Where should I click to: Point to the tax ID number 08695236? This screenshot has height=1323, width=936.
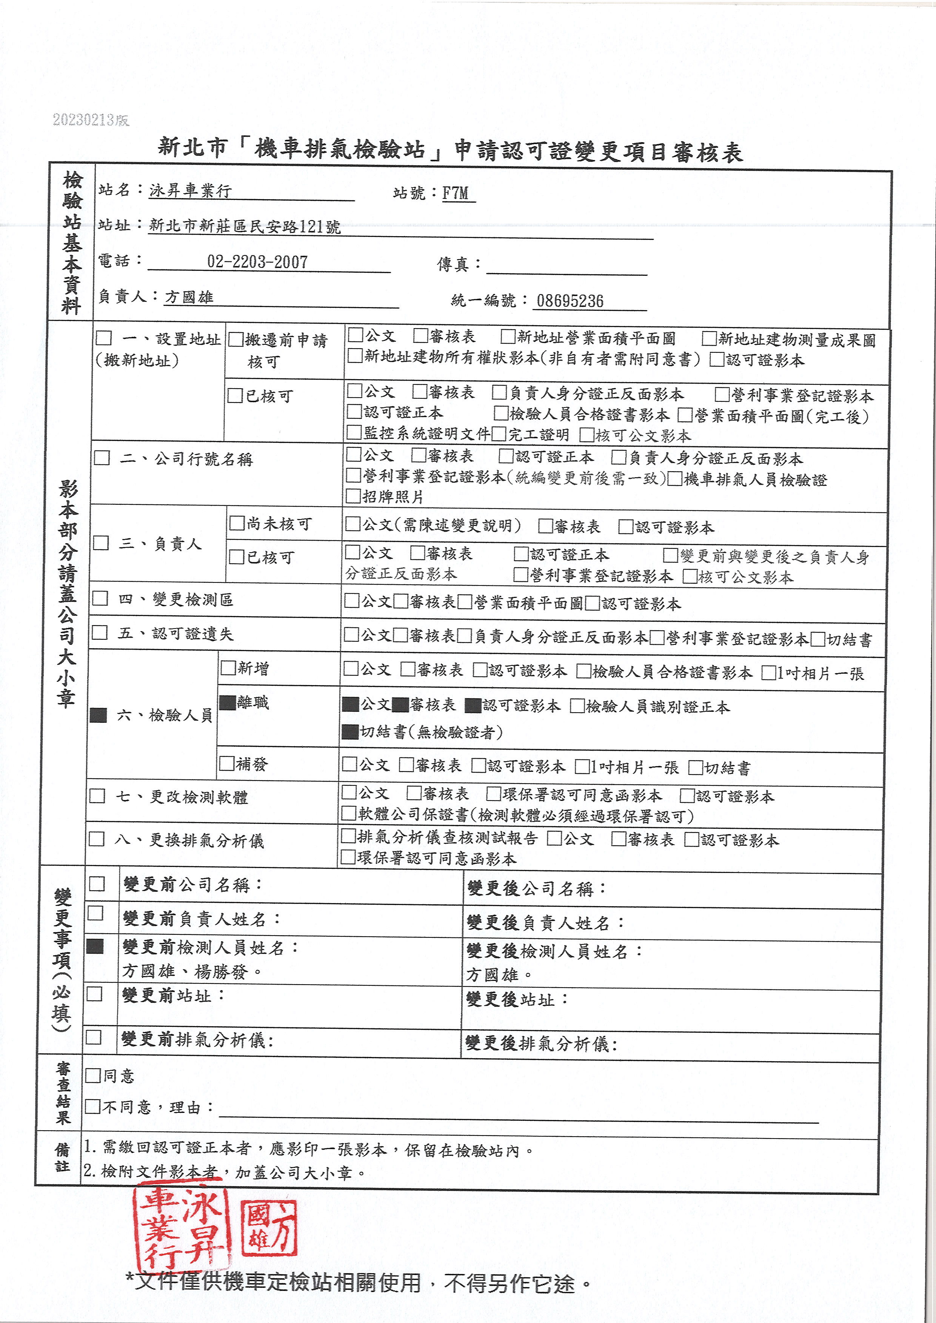570,301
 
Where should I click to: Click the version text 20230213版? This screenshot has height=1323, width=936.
91,120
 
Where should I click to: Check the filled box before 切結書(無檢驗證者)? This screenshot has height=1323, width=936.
350,732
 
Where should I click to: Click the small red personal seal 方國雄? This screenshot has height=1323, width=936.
269,1228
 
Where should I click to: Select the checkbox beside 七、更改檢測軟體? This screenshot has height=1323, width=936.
97,796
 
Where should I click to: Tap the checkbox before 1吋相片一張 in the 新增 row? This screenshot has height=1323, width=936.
768,673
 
